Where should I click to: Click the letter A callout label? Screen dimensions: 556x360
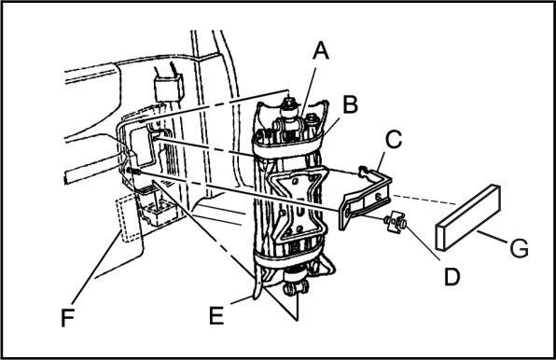(321, 50)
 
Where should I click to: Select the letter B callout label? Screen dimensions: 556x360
(351, 104)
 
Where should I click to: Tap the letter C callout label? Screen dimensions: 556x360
(394, 139)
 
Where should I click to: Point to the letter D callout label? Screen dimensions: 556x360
(452, 276)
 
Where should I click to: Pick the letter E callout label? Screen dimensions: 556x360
(216, 315)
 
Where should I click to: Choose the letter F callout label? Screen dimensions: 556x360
(67, 318)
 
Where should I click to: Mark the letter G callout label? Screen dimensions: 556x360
(519, 248)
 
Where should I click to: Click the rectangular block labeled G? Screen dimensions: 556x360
(468, 217)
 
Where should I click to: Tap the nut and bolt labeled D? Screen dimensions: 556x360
(395, 223)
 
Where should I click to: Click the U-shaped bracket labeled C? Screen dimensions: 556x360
(366, 198)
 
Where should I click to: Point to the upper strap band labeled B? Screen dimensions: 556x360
(288, 146)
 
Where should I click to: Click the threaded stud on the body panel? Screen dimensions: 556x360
(133, 172)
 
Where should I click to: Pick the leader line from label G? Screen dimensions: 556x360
(493, 237)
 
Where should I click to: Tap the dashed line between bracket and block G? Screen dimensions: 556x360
(424, 200)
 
